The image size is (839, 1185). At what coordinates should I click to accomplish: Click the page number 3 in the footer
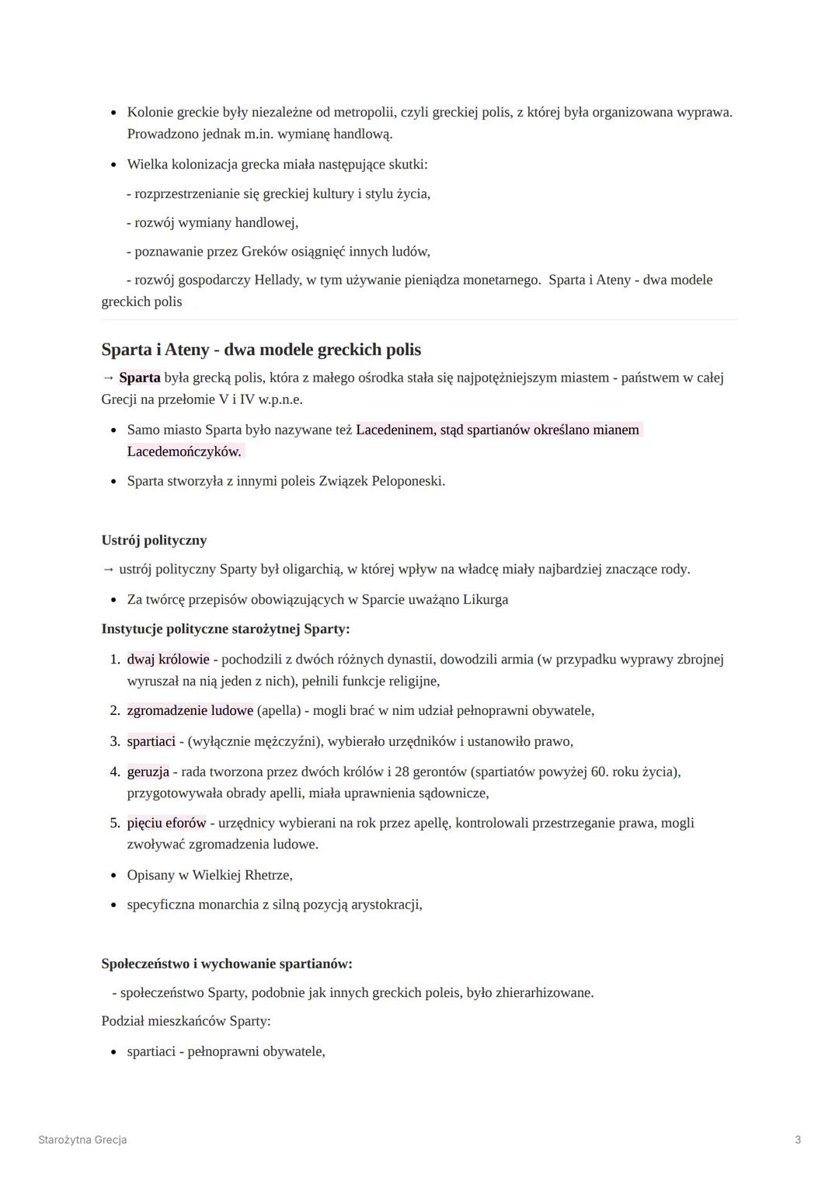798,1140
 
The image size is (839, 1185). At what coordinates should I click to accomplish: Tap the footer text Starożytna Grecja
82,1140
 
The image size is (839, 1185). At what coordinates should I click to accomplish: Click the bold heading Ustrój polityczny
154,540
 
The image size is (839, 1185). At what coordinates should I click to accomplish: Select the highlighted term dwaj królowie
168,660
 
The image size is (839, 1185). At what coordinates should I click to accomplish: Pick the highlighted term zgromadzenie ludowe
190,710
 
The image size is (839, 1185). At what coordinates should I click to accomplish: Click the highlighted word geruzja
148,772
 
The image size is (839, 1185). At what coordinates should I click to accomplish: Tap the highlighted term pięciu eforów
166,823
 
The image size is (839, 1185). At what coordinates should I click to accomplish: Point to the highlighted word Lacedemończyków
184,451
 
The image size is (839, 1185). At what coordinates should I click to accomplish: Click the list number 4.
114,772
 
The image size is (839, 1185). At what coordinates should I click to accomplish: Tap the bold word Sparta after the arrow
140,378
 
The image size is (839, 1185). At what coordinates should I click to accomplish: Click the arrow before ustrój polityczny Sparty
107,570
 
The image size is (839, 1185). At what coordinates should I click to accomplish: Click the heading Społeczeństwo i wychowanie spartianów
227,964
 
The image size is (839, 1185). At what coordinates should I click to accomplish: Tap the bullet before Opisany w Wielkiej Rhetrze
114,876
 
